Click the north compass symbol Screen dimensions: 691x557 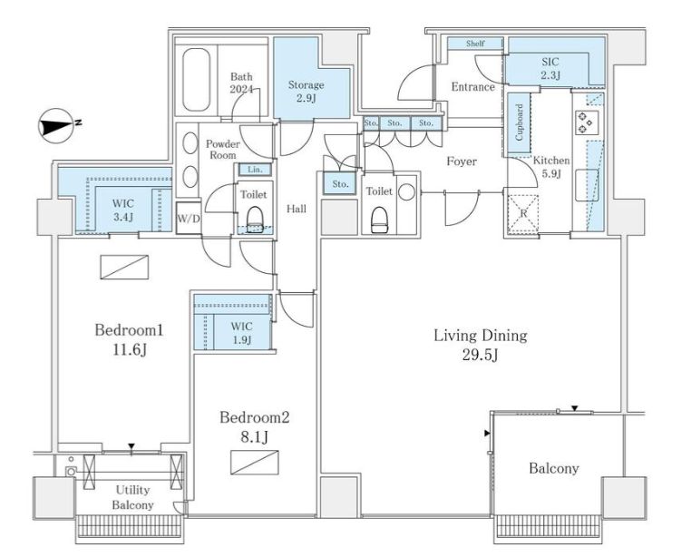click(57, 125)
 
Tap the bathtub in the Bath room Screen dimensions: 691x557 click(196, 80)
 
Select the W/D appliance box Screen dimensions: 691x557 click(189, 218)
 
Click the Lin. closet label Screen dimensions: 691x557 click(255, 170)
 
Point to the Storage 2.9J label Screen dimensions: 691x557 click(306, 91)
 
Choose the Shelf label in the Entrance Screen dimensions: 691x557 click(475, 44)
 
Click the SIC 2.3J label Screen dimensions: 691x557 click(550, 68)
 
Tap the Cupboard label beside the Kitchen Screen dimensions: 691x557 click(519, 122)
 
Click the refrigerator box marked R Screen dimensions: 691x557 click(523, 213)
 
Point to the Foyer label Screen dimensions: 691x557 click(462, 161)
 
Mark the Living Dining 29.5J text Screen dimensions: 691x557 click(481, 345)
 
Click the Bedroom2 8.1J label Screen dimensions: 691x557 click(255, 426)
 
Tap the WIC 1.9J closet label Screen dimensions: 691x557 click(242, 333)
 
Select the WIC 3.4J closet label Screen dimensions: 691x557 click(123, 210)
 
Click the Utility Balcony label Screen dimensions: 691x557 click(132, 497)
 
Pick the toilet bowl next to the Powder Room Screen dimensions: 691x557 click(254, 219)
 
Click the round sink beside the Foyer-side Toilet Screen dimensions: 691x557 click(406, 192)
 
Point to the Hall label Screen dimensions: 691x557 click(297, 209)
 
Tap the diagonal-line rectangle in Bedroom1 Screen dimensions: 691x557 click(124, 267)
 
